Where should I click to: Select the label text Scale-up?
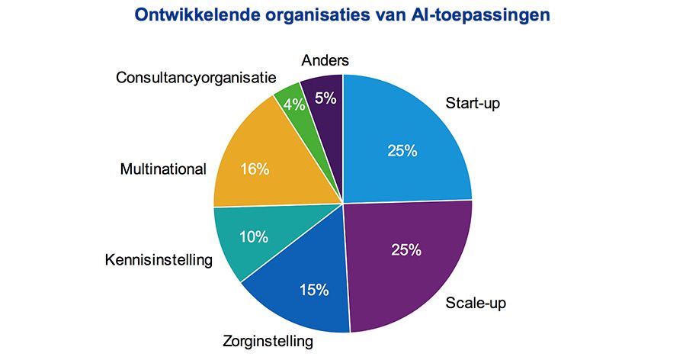pos(476,303)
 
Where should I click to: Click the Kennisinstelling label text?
pos(158,261)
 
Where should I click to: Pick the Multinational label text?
pos(163,169)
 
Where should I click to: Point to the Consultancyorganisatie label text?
pos(196,77)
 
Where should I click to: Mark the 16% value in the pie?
pos(255,169)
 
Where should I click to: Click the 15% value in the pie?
pos(313,290)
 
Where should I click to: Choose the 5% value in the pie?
pos(325,98)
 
